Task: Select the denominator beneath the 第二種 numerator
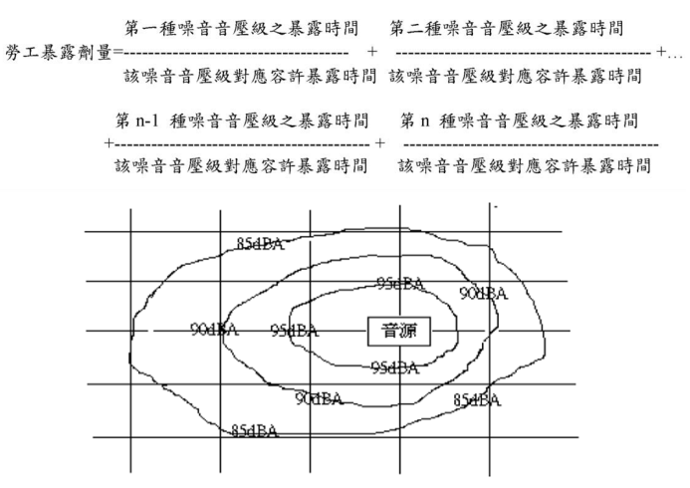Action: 514,75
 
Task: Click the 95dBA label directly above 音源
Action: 400,284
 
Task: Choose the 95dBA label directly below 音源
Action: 394,367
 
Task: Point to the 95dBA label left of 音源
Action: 294,331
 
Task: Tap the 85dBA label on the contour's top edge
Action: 260,244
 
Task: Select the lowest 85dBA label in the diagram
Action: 254,430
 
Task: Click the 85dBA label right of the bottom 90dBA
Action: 477,399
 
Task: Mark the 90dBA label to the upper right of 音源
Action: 484,293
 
